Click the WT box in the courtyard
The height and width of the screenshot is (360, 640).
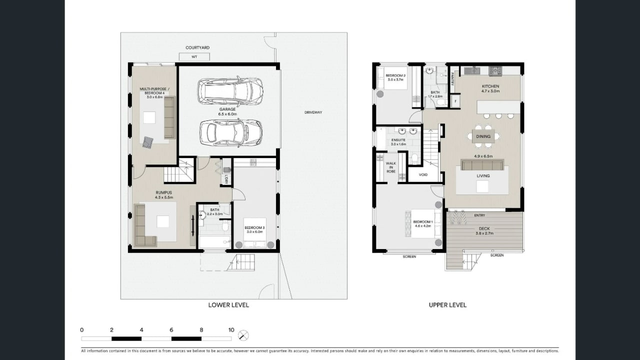[194, 57]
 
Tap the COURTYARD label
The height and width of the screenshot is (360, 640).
[197, 48]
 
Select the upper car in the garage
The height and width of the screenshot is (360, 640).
[230, 91]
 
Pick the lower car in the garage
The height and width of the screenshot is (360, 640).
[231, 132]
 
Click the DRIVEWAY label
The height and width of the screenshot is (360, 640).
[313, 112]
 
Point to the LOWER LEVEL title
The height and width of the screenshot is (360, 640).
[228, 305]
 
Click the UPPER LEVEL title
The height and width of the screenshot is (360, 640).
[447, 305]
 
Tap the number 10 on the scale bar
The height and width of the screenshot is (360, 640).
[231, 330]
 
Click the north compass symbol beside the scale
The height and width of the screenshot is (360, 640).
[243, 335]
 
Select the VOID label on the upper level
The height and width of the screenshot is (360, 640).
[423, 175]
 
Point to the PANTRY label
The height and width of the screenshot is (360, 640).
[451, 79]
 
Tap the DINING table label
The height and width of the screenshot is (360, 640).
[483, 136]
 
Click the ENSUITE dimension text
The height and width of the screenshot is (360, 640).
[398, 144]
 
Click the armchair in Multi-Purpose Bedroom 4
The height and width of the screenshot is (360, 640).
[147, 142]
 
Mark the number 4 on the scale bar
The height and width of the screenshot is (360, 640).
[141, 330]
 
